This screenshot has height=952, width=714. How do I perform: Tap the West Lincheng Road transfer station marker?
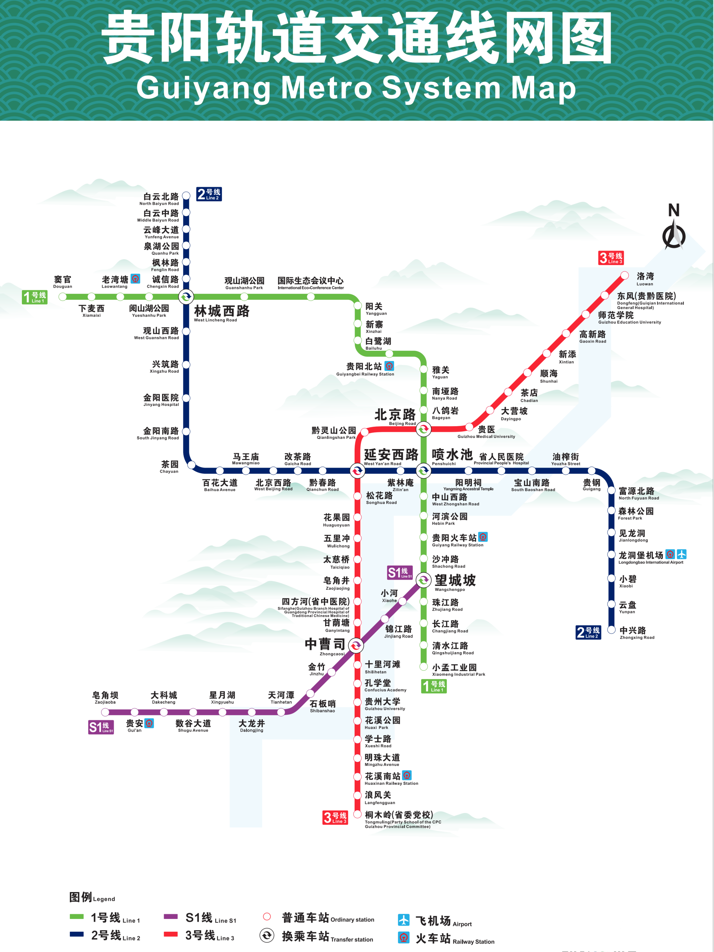(x=186, y=296)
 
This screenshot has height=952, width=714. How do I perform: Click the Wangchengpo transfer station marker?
(x=424, y=580)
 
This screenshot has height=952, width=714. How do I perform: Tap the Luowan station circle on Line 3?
(x=625, y=275)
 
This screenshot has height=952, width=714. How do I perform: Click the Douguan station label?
(x=63, y=282)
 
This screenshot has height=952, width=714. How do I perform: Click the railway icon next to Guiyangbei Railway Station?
(x=389, y=366)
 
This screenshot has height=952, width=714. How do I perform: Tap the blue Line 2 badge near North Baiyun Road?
(x=209, y=194)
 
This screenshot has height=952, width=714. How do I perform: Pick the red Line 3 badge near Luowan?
(x=611, y=258)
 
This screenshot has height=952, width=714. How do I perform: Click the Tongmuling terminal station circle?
(x=357, y=814)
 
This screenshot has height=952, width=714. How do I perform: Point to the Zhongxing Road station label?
(x=637, y=633)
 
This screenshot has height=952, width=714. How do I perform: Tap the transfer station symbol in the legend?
(x=267, y=935)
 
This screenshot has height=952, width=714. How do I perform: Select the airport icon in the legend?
(x=403, y=920)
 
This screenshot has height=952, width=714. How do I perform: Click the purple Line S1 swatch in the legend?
(x=171, y=917)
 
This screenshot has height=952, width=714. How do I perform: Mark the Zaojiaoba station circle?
(x=105, y=712)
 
